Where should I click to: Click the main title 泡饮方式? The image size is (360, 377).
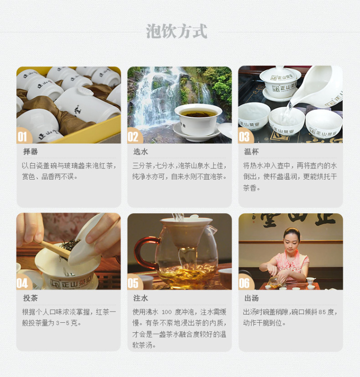coord(177,31)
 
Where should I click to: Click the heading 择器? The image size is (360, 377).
coord(30,152)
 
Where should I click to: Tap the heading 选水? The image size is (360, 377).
coord(141,152)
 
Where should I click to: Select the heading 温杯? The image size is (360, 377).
coord(252,152)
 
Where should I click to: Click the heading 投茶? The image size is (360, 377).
coord(30,298)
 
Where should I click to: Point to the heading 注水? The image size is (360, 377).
coord(141,298)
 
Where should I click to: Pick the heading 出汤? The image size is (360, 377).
coord(252,298)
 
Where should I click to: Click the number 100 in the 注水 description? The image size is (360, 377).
coord(167,312)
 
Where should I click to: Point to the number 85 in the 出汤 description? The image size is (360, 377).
coord(322,312)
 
